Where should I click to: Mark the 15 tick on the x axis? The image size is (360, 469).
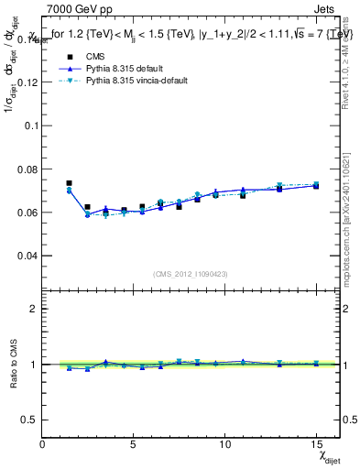(316, 443)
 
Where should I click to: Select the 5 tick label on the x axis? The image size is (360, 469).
(134, 443)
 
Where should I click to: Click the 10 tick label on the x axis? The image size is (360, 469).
(224, 443)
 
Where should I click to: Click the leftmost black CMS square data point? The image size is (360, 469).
(70, 183)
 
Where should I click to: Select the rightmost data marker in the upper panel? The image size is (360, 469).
(316, 185)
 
